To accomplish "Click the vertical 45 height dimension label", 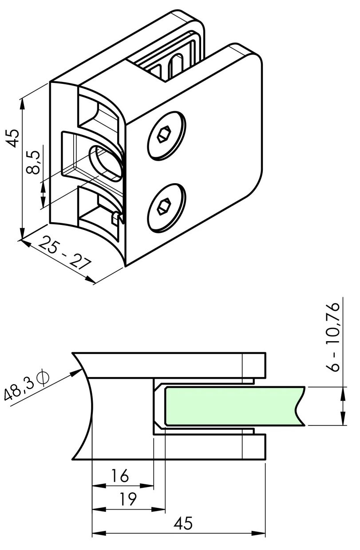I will [x=13, y=138].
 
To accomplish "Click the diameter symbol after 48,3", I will [x=44, y=377].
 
